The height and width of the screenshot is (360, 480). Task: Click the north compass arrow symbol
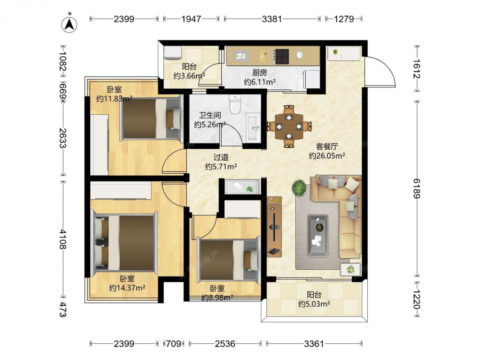(70, 24)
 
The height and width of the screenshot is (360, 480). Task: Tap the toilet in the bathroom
(235, 104)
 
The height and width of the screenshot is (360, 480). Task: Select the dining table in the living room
(289, 126)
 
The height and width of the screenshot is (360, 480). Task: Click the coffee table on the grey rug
(317, 236)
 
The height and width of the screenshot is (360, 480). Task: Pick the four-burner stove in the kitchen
(282, 57)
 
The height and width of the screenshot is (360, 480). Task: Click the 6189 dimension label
(417, 189)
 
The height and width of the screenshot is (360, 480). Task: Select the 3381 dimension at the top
(272, 19)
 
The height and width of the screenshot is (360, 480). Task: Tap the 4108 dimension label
(62, 239)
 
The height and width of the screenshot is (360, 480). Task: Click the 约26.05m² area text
(327, 156)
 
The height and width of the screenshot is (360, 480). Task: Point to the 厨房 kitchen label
(260, 72)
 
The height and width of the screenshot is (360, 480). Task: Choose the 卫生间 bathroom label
(210, 115)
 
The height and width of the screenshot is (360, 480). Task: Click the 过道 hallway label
(221, 157)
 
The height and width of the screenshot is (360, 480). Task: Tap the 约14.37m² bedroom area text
(127, 288)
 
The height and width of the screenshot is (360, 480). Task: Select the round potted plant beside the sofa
(299, 188)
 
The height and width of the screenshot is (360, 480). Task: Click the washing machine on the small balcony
(172, 52)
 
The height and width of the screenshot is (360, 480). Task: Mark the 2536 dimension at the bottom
(225, 344)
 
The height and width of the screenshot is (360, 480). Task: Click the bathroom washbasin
(253, 127)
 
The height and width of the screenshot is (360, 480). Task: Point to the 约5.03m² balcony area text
(314, 304)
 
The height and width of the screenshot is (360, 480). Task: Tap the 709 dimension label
(174, 344)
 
